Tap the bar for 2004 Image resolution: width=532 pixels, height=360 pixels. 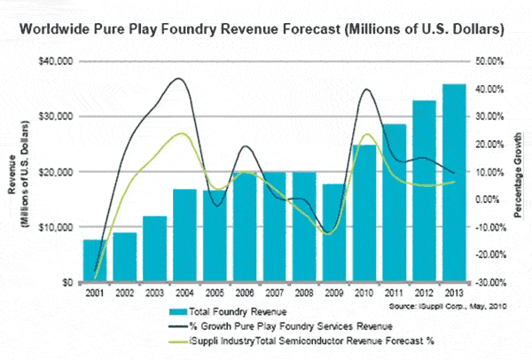tap(183, 235)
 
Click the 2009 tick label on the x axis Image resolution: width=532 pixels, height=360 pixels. tap(333, 293)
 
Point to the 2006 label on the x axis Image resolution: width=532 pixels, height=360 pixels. tap(244, 293)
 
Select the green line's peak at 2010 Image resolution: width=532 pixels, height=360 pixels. tap(365, 135)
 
